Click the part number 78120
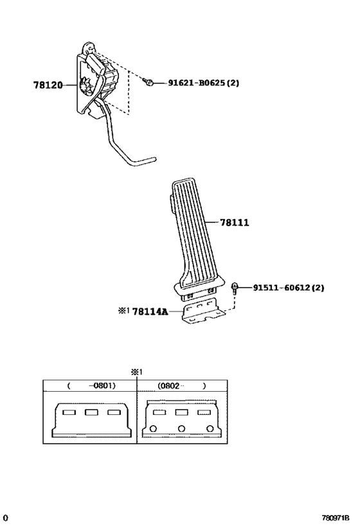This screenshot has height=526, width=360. click(x=48, y=85)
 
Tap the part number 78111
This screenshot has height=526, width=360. click(x=235, y=222)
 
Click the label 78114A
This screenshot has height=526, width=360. click(x=150, y=312)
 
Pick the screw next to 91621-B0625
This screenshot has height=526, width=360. click(x=147, y=81)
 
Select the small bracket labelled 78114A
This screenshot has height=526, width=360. click(x=203, y=311)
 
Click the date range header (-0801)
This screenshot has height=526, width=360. click(x=91, y=386)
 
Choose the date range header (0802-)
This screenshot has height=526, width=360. click(x=182, y=386)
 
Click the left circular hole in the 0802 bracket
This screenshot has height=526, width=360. click(x=153, y=428)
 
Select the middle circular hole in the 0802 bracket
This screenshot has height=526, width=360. click(x=181, y=428)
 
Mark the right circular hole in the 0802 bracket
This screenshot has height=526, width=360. click(x=210, y=428)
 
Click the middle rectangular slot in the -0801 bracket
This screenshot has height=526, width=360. click(x=91, y=412)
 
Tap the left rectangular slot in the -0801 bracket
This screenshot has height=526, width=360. click(x=69, y=412)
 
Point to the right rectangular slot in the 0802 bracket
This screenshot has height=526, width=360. click(x=204, y=412)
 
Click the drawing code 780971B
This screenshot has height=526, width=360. click(x=336, y=517)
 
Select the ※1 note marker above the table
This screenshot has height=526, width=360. click(x=137, y=372)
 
